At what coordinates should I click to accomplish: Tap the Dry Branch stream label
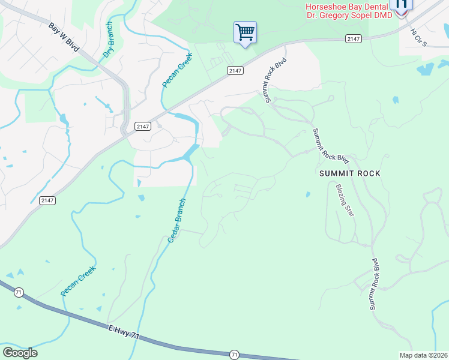[x=108, y=40]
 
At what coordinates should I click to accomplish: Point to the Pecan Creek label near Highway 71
[x=78, y=281]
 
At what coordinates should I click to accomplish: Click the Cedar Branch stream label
[x=178, y=221]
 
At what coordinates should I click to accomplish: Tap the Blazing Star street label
[x=343, y=200]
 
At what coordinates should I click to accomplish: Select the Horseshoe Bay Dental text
[x=346, y=6]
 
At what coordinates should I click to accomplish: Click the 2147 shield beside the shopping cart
[x=235, y=71]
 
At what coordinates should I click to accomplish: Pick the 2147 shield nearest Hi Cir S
[x=353, y=38]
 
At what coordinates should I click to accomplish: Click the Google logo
[x=20, y=353]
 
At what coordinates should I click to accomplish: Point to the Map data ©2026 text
[x=423, y=355]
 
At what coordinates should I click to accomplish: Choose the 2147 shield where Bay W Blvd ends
[x=142, y=126]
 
